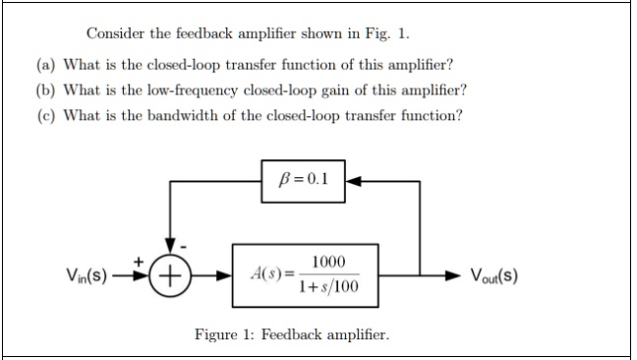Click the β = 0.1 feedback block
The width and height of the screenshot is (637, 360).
[x=303, y=181]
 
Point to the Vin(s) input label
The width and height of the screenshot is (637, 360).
[x=87, y=273]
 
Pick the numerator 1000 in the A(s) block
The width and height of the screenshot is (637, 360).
[x=328, y=262]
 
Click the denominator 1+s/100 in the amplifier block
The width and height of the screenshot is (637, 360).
[x=329, y=286]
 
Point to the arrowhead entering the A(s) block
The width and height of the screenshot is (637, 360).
[x=225, y=273]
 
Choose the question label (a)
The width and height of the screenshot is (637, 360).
[x=45, y=65]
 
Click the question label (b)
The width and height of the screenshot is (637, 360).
[x=45, y=90]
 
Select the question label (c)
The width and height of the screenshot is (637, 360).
[x=45, y=116]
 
